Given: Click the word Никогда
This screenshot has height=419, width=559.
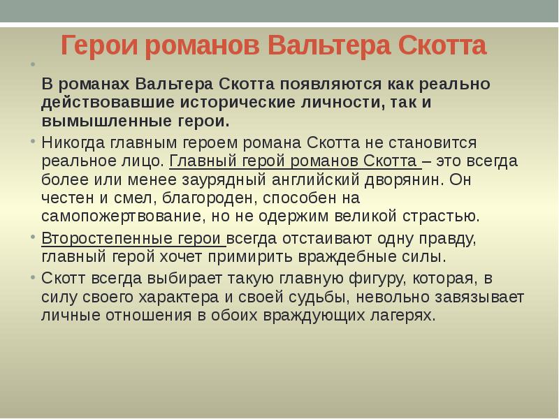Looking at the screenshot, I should pyautogui.click(x=73, y=143).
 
